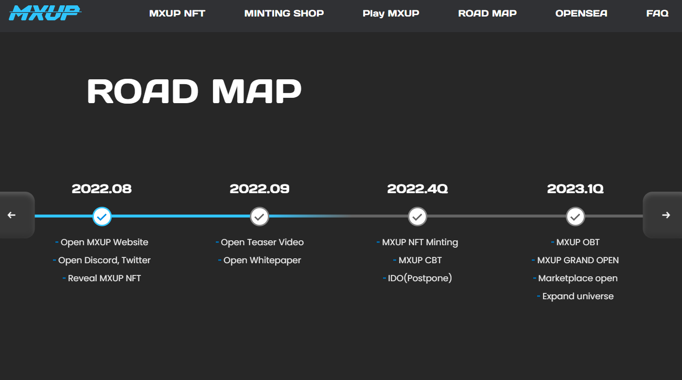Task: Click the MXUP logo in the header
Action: (45, 13)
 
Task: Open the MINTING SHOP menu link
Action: (284, 14)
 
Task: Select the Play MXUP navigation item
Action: (391, 14)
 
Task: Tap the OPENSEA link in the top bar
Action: (581, 14)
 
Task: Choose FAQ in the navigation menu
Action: (657, 14)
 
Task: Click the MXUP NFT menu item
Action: (177, 14)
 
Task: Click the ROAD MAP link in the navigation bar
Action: (488, 14)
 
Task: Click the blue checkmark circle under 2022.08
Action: (102, 217)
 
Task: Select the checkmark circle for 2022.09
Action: (260, 217)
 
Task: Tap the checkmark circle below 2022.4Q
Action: (418, 217)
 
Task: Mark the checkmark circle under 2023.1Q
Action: (575, 217)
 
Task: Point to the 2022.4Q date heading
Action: (418, 189)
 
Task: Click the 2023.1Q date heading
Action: (575, 189)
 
